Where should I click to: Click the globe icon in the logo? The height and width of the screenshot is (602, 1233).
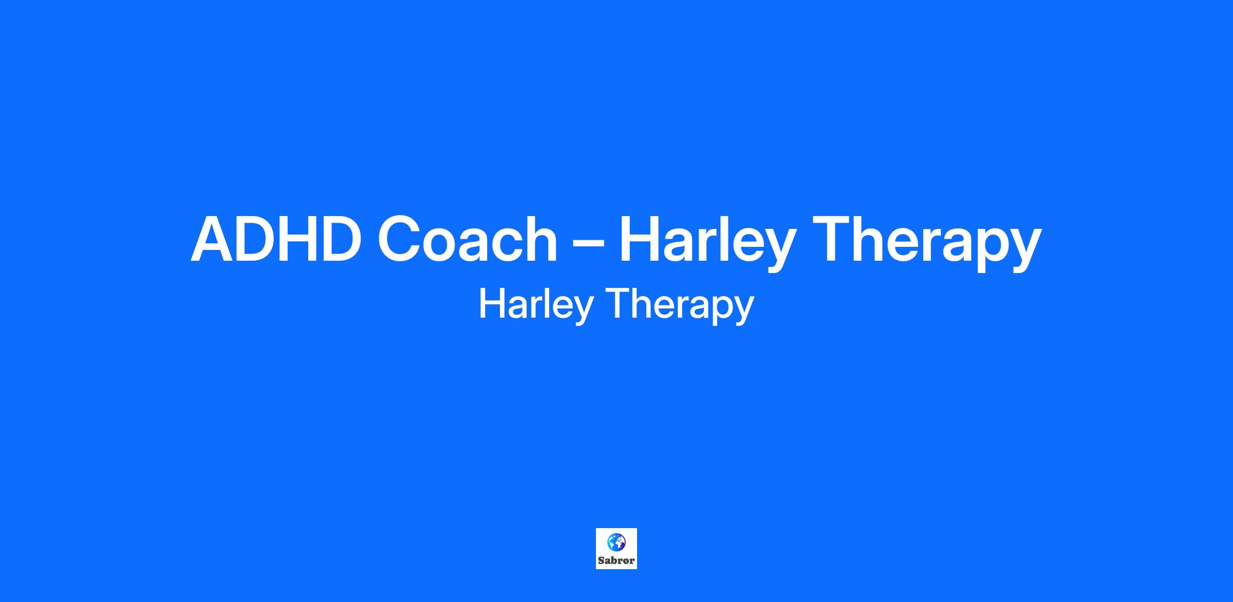point(616,542)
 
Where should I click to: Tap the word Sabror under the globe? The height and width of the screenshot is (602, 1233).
point(616,560)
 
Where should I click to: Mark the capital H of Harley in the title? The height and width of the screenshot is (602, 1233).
point(640,239)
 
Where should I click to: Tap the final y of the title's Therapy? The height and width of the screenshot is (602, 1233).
point(1024,251)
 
